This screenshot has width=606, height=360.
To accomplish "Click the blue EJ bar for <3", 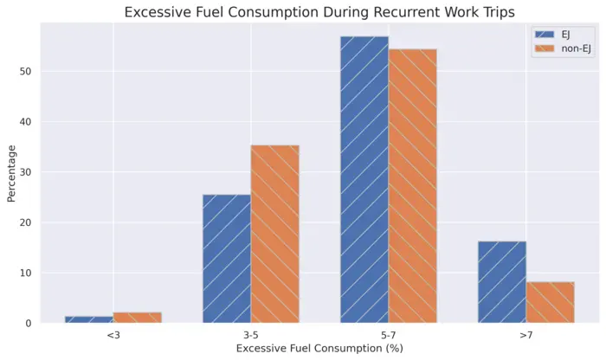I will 89,319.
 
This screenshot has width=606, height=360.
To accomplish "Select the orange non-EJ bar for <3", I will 137,318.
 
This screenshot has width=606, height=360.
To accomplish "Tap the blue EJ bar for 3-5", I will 227,259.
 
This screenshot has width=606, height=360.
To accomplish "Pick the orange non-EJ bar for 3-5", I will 274,235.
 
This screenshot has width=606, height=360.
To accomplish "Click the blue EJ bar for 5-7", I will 364,180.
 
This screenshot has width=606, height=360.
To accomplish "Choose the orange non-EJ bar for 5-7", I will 412,186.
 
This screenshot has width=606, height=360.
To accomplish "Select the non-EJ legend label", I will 578,48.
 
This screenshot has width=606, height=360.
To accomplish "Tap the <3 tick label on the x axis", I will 113,334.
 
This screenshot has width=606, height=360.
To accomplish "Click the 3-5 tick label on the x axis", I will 250,334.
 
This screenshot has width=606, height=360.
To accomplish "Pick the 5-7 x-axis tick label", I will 388,334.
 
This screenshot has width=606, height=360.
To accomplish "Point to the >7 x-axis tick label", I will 525,334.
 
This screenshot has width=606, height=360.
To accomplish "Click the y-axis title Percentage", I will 11,173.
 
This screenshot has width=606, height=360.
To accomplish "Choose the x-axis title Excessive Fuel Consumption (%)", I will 319,348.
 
